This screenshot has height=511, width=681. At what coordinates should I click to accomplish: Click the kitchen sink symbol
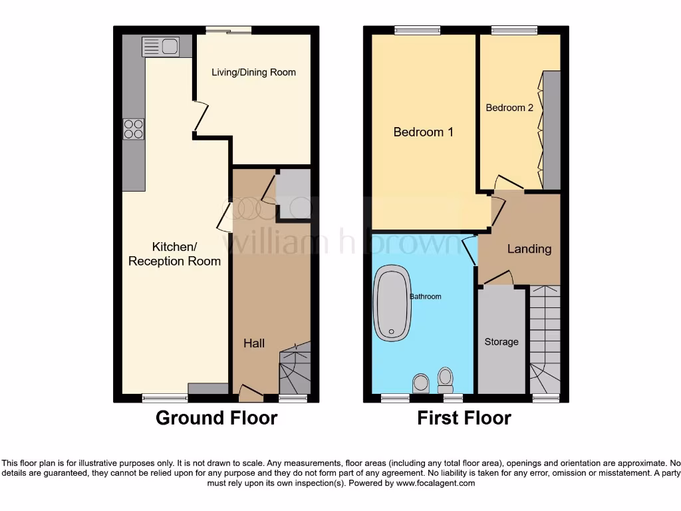159,47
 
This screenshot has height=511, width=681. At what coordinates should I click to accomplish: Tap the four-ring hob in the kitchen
134,128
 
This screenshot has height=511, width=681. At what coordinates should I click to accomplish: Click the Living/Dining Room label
253,73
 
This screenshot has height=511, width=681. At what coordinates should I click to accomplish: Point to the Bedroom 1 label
423,132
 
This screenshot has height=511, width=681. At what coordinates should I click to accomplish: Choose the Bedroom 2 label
509,107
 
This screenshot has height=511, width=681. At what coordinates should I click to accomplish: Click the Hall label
253,343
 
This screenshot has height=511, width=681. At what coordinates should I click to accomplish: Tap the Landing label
529,249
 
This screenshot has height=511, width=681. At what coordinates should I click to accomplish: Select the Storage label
501,341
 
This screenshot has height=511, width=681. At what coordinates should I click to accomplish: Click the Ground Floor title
216,418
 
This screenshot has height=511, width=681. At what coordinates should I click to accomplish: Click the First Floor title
464,418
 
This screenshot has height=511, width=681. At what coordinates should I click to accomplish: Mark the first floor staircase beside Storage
545,339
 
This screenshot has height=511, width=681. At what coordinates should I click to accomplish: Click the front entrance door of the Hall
250,395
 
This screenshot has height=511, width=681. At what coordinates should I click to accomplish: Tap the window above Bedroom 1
417,30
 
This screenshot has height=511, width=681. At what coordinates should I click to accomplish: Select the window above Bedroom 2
514,30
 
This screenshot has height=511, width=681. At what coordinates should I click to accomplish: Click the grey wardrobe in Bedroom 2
551,130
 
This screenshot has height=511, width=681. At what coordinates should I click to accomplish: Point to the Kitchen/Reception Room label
174,254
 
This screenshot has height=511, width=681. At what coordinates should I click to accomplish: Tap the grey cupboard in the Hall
293,194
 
